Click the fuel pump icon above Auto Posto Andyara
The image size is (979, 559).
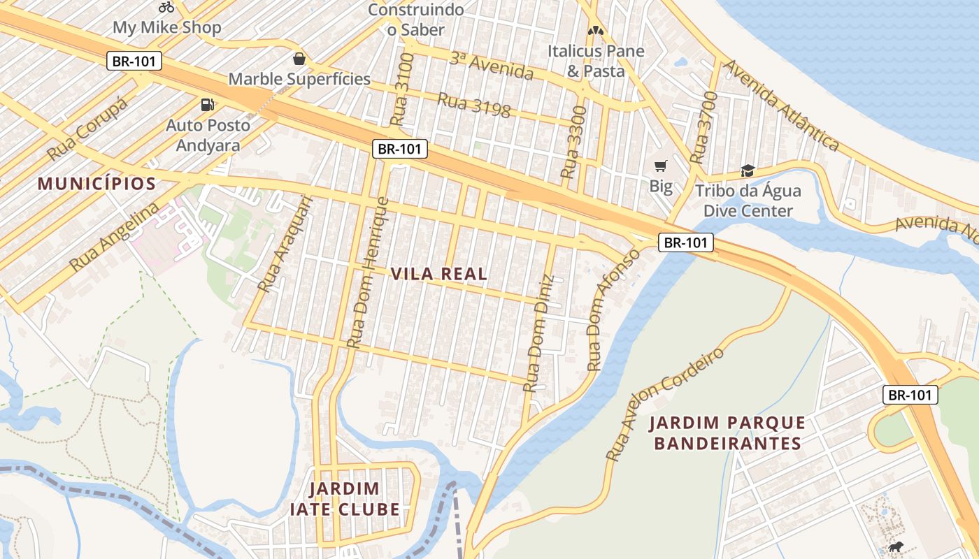[207, 105]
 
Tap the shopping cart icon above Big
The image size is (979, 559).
[660, 166]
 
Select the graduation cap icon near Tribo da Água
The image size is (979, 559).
[748, 170]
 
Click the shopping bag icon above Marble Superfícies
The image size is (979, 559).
[299, 59]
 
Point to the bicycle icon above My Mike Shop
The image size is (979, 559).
[166, 8]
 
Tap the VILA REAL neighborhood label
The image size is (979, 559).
[439, 274]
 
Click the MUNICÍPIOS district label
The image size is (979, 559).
[97, 184]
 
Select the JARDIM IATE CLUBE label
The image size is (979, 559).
[345, 499]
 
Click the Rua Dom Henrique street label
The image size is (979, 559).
[368, 273]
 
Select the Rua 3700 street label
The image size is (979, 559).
[703, 128]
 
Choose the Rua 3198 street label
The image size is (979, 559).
[473, 104]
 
